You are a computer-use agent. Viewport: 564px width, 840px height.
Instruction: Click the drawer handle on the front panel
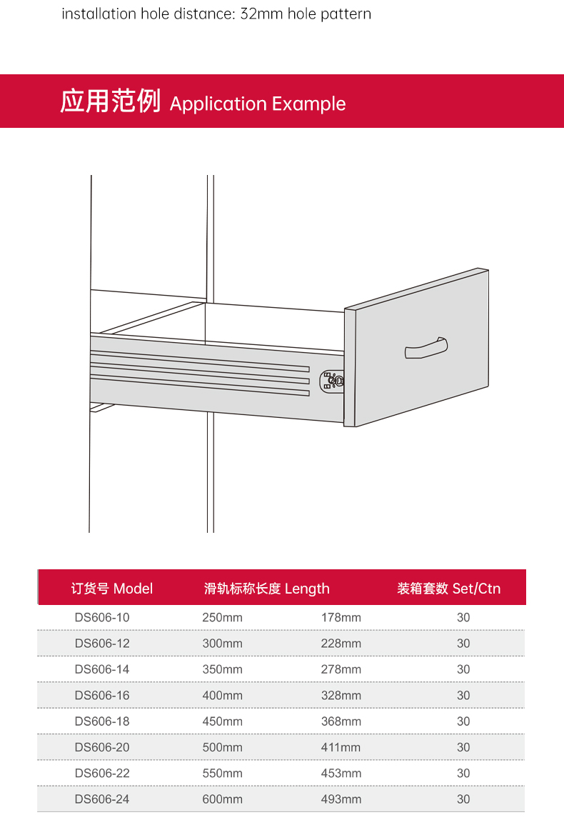point(426,349)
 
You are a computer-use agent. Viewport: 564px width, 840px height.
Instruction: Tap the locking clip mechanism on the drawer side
point(331,380)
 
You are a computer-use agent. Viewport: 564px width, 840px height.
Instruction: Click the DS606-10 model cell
point(102,618)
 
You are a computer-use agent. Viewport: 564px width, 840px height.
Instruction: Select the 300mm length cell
point(222,644)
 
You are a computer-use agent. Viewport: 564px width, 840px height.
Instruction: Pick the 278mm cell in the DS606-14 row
point(341,670)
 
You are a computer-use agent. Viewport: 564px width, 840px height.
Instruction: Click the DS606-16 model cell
point(102,696)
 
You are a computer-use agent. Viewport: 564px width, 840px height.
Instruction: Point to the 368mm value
point(341,721)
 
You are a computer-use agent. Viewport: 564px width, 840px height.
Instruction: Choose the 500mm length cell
point(222,747)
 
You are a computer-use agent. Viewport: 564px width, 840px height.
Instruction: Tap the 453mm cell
point(341,774)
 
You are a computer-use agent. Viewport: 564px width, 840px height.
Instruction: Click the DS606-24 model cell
point(102,799)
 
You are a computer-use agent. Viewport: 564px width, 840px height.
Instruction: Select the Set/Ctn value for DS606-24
point(463,799)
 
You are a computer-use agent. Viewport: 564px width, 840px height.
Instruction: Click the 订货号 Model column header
point(112,589)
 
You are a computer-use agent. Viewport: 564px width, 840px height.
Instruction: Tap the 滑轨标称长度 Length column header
point(267,589)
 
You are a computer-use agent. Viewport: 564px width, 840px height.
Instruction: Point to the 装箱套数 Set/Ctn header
point(449,589)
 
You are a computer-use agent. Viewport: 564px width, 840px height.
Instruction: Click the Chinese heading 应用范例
point(111,101)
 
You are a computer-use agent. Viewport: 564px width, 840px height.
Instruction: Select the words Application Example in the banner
point(258,104)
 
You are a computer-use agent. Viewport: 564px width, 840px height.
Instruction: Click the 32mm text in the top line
point(261,14)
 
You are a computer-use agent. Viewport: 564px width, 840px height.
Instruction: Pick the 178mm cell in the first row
point(341,618)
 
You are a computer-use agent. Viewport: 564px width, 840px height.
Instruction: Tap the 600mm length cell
point(222,799)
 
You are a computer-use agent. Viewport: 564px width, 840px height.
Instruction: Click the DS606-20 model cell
point(102,747)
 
